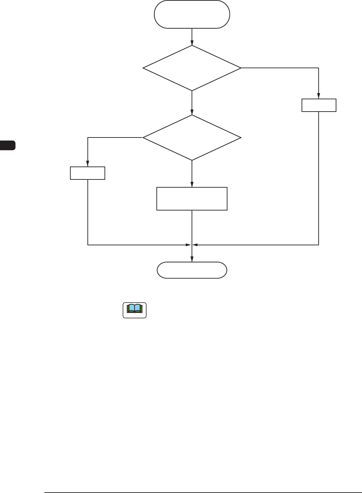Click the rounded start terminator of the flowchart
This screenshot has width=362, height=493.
[192, 14]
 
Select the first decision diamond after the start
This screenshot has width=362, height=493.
[192, 68]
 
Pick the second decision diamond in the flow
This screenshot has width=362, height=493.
[192, 137]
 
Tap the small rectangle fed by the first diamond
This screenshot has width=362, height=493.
[319, 105]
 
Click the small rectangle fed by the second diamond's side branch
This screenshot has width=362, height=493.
[87, 173]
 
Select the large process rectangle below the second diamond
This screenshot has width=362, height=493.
[192, 199]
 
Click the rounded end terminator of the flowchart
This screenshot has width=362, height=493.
[192, 270]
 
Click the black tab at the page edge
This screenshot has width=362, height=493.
[8, 145]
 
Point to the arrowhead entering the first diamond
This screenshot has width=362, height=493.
[192, 43]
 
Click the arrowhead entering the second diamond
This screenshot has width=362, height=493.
[192, 113]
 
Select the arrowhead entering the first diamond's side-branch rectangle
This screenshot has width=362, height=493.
[319, 97]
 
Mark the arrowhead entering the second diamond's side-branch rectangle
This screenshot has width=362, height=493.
[88, 164]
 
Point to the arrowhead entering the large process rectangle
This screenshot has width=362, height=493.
[192, 185]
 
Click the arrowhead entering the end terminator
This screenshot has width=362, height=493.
[192, 260]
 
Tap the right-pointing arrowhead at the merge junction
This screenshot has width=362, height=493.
[188, 245]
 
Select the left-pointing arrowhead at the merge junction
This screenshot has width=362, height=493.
[196, 245]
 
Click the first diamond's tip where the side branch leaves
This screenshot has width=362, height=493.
[240, 68]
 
